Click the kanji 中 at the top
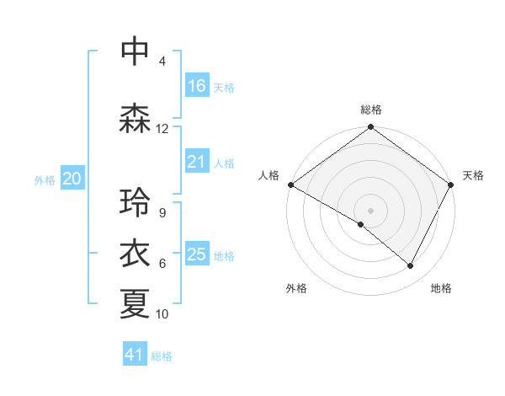(x=135, y=51)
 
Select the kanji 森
(x=135, y=119)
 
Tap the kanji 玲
(x=135, y=202)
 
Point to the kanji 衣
(x=135, y=252)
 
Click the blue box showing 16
(x=197, y=86)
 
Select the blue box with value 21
(x=197, y=162)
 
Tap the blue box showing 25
(x=197, y=254)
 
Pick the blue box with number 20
(x=72, y=179)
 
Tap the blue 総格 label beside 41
(x=162, y=356)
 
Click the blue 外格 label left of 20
(x=45, y=179)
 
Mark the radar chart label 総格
(x=370, y=110)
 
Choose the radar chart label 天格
(x=473, y=175)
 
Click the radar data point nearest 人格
(x=290, y=185)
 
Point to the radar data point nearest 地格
(x=411, y=266)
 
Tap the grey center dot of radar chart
(x=370, y=210)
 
